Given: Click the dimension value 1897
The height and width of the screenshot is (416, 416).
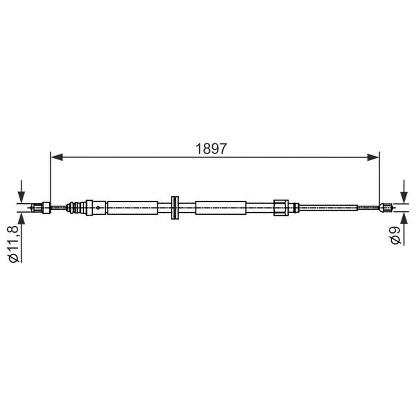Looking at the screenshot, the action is (x=211, y=149).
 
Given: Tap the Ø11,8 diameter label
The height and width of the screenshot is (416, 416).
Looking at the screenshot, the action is (x=14, y=244).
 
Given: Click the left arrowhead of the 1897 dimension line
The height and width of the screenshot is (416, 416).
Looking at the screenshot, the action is (x=57, y=157).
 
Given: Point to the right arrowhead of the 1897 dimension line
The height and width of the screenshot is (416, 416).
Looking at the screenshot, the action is (x=373, y=157).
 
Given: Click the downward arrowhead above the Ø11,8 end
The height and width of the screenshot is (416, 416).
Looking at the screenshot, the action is (x=21, y=197).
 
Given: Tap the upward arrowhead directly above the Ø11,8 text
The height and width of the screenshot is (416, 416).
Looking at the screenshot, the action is (x=21, y=218).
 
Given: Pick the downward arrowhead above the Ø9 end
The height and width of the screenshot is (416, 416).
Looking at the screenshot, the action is (x=404, y=197).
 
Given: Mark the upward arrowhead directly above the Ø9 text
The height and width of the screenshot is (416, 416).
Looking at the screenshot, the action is (x=404, y=218).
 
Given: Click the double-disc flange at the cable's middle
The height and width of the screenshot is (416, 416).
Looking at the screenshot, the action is (x=175, y=207).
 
